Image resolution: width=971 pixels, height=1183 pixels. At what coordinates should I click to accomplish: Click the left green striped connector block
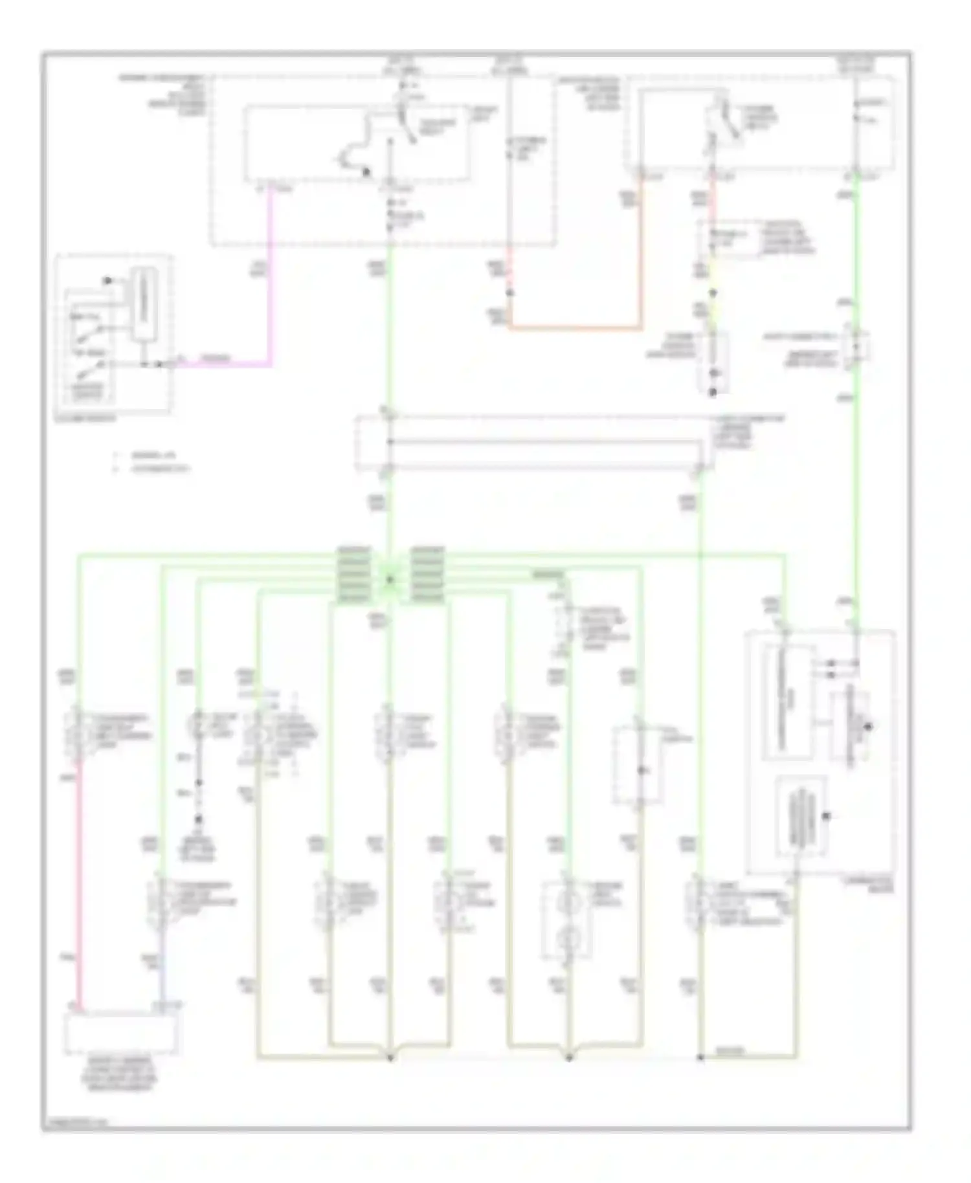pyautogui.click(x=354, y=575)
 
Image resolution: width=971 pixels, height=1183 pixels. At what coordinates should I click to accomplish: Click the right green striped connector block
pyautogui.click(x=428, y=575)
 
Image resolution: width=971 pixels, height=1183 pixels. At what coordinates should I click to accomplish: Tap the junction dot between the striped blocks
pyautogui.click(x=390, y=579)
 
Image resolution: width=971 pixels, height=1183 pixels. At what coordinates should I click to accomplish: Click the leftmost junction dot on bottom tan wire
pyautogui.click(x=390, y=1058)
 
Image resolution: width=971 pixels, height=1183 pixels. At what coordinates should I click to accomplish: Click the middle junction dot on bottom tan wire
pyautogui.click(x=569, y=1058)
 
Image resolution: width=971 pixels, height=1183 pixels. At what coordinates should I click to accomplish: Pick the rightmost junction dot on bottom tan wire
pyautogui.click(x=700, y=1058)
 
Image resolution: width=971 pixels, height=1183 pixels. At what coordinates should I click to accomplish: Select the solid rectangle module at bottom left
pyautogui.click(x=121, y=1032)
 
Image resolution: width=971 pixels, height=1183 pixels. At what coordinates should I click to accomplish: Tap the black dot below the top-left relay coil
pyautogui.click(x=366, y=172)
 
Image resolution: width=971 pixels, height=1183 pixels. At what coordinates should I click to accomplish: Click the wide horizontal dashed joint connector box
pyautogui.click(x=534, y=443)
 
